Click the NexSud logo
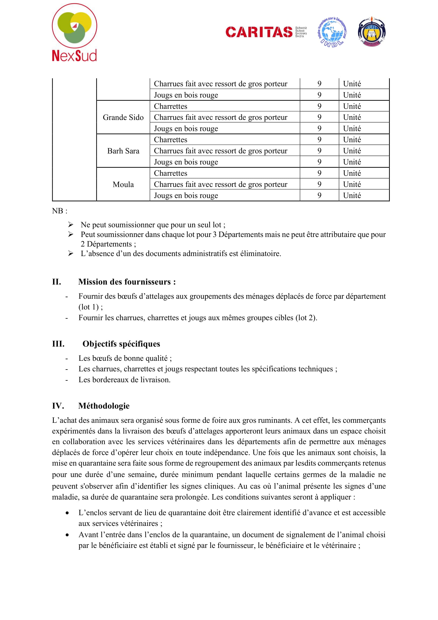pyautogui.click(x=74, y=32)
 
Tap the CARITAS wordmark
pyautogui.click(x=259, y=32)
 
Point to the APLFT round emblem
pyautogui.click(x=372, y=32)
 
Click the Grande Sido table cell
pyautogui.click(x=123, y=117)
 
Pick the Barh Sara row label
pyautogui.click(x=123, y=151)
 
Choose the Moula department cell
pyautogui.click(x=123, y=184)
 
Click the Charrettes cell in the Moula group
pyautogui.click(x=171, y=173)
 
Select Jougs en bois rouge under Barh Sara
pyautogui.click(x=186, y=162)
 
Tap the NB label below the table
pyautogui.click(x=60, y=211)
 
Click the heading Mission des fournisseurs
pyautogui.click(x=127, y=282)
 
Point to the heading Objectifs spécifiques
pyautogui.click(x=121, y=344)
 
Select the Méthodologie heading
pyautogui.click(x=104, y=406)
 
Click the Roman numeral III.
pyautogui.click(x=58, y=344)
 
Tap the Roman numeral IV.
pyautogui.click(x=58, y=406)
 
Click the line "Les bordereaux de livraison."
pyautogui.click(x=124, y=380)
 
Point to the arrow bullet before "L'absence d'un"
pyautogui.click(x=71, y=253)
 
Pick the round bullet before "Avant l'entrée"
pyautogui.click(x=67, y=535)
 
